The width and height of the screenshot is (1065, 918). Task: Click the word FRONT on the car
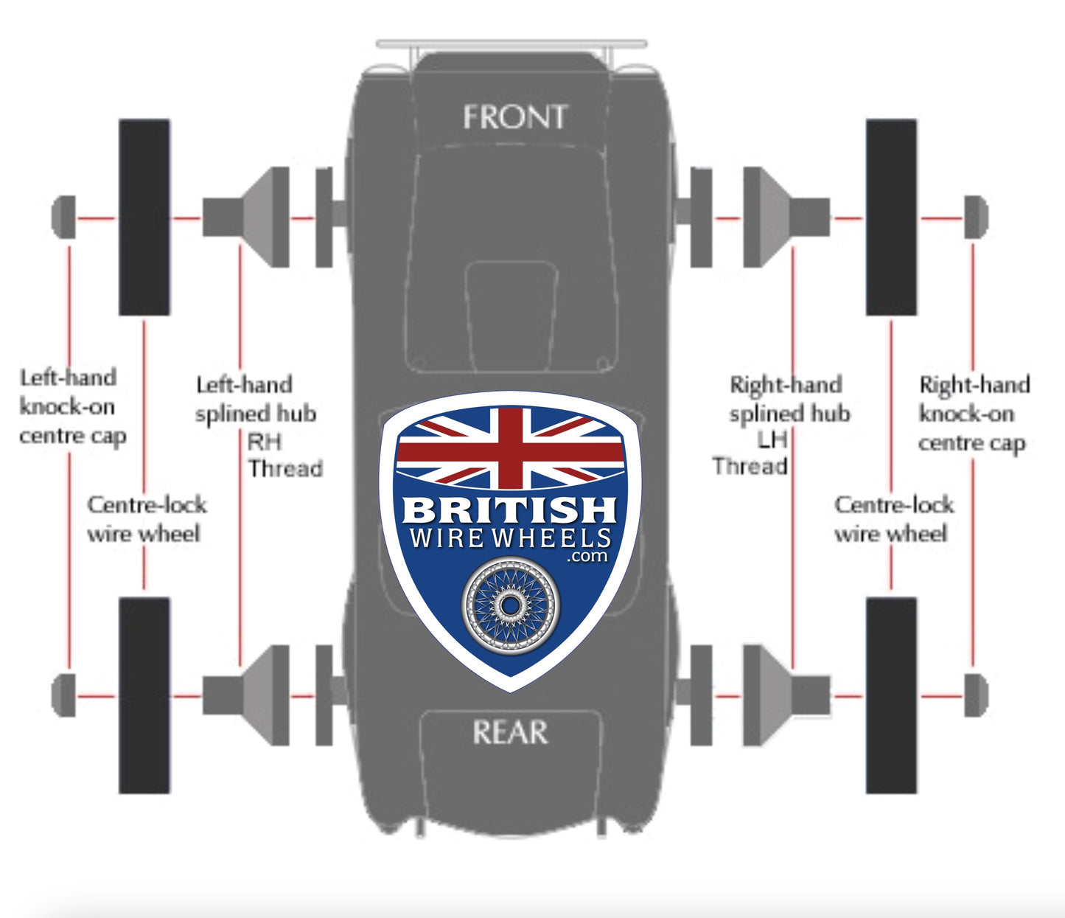coord(514,117)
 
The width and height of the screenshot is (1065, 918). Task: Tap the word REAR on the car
coord(510,732)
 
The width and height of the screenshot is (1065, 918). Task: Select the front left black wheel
coord(144,218)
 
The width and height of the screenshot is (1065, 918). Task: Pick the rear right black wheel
coord(891,695)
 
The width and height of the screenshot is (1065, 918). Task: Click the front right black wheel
coord(891,218)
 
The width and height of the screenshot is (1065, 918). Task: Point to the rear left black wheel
coord(144,695)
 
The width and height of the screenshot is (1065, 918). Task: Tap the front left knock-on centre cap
coord(64,218)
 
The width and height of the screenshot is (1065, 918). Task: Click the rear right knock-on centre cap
coord(975,695)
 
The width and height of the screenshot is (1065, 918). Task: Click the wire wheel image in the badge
coord(510,605)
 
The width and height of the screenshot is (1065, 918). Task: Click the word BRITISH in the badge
coord(510,510)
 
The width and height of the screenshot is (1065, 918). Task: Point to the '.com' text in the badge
coord(587,556)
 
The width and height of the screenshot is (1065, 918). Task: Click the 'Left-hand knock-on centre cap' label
coord(71,407)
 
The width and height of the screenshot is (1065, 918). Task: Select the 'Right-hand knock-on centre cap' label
coord(973,414)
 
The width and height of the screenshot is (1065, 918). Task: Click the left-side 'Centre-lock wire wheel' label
coord(146,519)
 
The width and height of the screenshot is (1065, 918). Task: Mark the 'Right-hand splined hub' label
coord(789,399)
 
